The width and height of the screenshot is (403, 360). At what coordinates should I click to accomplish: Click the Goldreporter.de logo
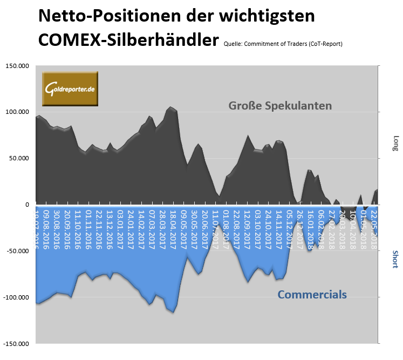click(70, 89)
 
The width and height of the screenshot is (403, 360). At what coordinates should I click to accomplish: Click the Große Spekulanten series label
click(279, 105)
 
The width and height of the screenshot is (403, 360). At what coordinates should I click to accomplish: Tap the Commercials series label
click(312, 295)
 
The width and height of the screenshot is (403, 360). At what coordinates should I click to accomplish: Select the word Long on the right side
click(395, 142)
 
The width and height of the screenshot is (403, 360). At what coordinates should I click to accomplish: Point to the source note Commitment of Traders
click(283, 43)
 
